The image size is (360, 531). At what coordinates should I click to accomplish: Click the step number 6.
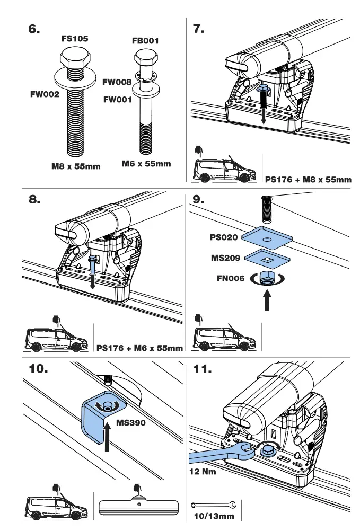click(34, 30)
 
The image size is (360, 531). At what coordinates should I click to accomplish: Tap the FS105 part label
click(75, 39)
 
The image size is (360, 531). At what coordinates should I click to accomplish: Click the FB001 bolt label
click(145, 41)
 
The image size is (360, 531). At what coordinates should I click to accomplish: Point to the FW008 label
click(117, 82)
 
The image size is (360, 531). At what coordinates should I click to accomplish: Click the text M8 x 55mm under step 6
click(76, 166)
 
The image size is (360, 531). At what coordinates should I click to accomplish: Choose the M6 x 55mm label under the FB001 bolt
click(146, 164)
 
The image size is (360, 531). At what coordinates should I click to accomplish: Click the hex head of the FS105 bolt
click(75, 56)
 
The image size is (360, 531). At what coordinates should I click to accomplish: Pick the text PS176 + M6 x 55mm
click(139, 348)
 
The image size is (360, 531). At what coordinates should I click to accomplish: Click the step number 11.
click(202, 369)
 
